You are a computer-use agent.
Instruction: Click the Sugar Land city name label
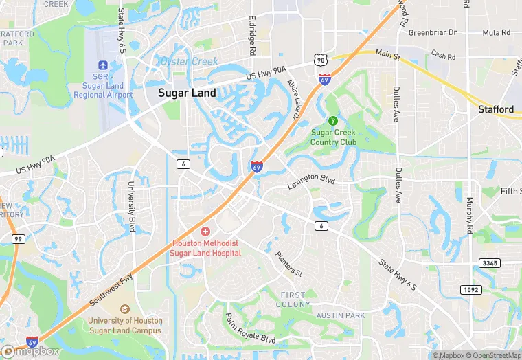pos(187,93)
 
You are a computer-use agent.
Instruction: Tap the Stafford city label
pos(496,109)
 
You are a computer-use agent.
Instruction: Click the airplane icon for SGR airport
pos(103,65)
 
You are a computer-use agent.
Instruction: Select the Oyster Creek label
pos(189,61)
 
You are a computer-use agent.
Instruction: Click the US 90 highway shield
pos(321,60)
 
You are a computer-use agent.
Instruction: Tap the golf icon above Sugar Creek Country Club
pos(334,120)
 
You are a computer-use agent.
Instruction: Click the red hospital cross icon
pos(205,231)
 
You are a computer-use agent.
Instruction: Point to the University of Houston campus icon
pos(124,310)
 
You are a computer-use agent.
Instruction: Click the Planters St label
pos(288,263)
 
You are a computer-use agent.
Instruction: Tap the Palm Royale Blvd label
pos(251,330)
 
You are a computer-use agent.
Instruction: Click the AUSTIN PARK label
pos(340,315)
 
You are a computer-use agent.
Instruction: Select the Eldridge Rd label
pos(253,36)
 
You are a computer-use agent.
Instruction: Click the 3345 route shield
pos(490,264)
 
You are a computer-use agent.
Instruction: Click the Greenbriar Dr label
pos(433,32)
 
